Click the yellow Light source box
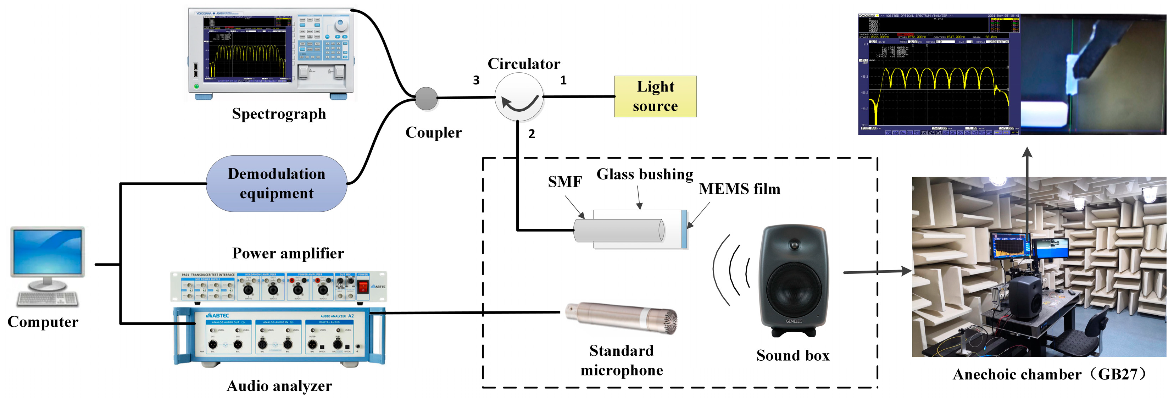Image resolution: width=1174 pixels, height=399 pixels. pyautogui.click(x=655, y=96)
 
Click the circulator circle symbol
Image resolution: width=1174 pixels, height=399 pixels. pyautogui.click(x=519, y=97)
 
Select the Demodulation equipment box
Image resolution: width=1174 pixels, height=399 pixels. pyautogui.click(x=276, y=183)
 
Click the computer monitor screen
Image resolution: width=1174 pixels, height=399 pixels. pyautogui.click(x=48, y=251)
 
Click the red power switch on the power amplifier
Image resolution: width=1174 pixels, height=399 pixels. pyautogui.click(x=363, y=286)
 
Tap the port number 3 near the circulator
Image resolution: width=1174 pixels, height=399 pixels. pyautogui.click(x=476, y=80)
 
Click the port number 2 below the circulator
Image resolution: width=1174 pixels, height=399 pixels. pyautogui.click(x=532, y=134)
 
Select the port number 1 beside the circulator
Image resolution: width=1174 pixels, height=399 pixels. pyautogui.click(x=563, y=80)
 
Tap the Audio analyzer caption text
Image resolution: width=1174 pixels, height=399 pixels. pyautogui.click(x=279, y=386)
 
